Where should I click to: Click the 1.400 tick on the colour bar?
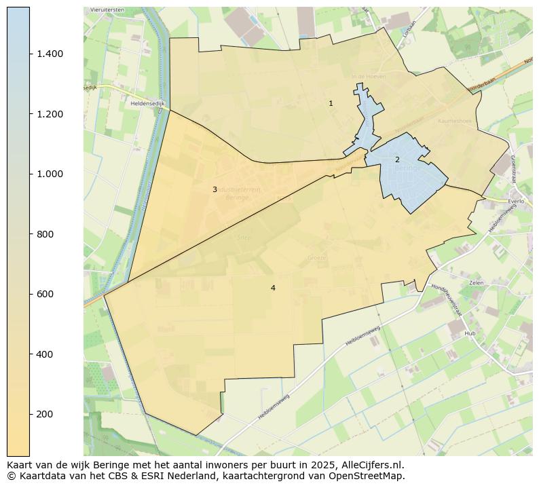[50, 54]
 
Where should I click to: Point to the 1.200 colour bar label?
[50, 114]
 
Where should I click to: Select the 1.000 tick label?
[50, 174]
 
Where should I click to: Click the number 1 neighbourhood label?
[331, 104]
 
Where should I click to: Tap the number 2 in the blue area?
[397, 159]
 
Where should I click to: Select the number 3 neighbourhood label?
[215, 189]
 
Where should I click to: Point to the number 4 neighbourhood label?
[273, 288]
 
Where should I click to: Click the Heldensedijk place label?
[147, 104]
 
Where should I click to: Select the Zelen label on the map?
[476, 282]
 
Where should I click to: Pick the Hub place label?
[470, 334]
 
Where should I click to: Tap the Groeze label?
[317, 258]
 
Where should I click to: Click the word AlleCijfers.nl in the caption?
[372, 466]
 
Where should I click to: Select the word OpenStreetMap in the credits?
[367, 476]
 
